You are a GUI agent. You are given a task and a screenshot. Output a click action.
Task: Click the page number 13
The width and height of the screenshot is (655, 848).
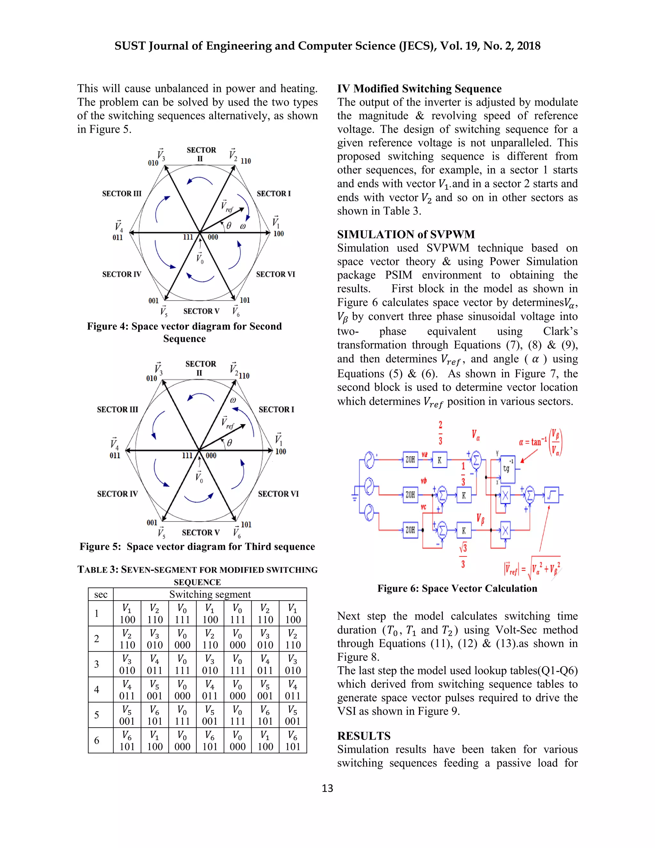tap(327, 788)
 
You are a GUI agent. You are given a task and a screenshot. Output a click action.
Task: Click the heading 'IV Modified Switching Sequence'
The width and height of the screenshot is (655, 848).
tap(419, 89)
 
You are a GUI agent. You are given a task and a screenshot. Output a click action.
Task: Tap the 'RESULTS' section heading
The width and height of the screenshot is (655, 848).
tap(364, 736)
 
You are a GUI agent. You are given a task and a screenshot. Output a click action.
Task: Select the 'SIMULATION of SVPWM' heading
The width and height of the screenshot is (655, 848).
tap(406, 234)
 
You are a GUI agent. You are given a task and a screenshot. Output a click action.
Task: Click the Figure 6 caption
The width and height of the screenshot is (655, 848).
tap(457, 588)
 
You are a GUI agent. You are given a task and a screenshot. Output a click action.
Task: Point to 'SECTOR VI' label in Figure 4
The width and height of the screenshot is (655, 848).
tap(275, 274)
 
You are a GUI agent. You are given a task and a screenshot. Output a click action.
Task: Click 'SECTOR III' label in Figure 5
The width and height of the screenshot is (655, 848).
tap(117, 409)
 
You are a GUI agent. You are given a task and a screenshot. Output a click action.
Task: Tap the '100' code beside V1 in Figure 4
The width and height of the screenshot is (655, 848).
tap(279, 234)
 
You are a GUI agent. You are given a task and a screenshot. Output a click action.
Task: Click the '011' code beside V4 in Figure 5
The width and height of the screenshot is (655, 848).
tap(115, 455)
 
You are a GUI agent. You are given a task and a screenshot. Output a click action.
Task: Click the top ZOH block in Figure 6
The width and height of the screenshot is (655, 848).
tap(410, 460)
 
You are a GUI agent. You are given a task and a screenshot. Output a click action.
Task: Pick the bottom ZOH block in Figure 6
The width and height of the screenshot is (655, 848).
tap(410, 530)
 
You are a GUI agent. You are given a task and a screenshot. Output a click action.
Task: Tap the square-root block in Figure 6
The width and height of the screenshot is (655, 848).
tap(551, 495)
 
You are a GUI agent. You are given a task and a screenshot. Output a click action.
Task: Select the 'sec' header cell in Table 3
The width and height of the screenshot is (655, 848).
tap(100, 595)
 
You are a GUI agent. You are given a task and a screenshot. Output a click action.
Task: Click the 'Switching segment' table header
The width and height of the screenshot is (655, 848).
tap(209, 595)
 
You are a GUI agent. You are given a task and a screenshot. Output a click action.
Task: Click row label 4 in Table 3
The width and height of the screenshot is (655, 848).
tap(97, 690)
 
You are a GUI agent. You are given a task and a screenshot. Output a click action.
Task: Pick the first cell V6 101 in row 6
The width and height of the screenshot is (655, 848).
tap(127, 740)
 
